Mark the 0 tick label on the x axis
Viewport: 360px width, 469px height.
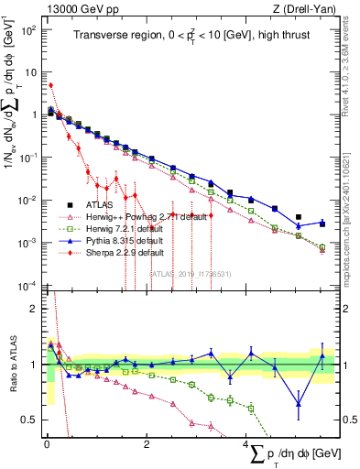(47, 444)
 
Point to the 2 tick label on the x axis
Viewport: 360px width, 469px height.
(147, 444)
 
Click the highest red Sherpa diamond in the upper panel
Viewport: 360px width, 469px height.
(50, 85)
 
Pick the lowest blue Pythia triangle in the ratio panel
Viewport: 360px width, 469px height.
(298, 404)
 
